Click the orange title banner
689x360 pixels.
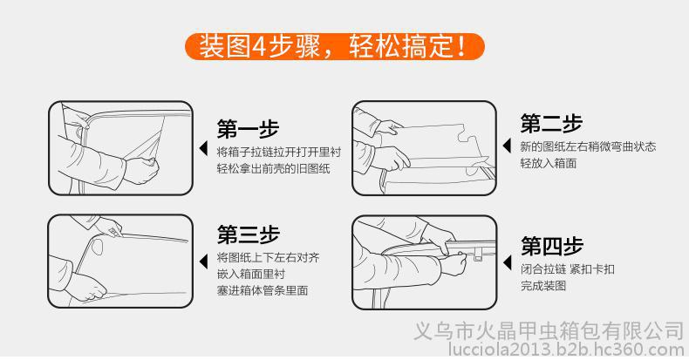(x=334, y=46)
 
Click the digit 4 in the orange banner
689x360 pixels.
(x=259, y=46)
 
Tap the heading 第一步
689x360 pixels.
(x=248, y=129)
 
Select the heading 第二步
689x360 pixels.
(x=551, y=123)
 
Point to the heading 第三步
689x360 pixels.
(x=248, y=234)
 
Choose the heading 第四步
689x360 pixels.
(x=552, y=246)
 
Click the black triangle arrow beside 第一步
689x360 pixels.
(x=203, y=148)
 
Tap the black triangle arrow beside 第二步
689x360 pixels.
(x=507, y=146)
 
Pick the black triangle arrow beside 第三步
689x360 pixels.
(x=203, y=262)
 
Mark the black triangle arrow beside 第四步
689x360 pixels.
(x=507, y=262)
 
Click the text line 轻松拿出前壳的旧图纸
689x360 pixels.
(x=273, y=168)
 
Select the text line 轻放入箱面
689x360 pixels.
(x=549, y=163)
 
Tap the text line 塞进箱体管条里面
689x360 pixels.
(x=263, y=290)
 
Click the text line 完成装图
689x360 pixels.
(x=543, y=286)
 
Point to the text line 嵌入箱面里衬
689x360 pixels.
(x=251, y=274)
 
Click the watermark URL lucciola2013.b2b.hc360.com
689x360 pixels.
(x=566, y=350)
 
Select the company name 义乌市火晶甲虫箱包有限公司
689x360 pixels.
(x=549, y=331)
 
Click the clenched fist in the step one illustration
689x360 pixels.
(x=141, y=169)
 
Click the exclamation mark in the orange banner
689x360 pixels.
(x=461, y=46)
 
